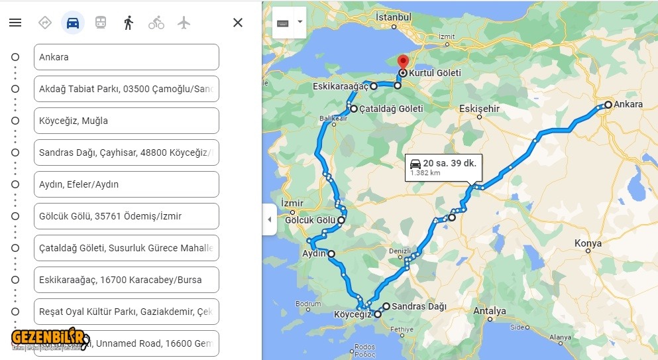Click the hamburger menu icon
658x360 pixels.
point(15,23)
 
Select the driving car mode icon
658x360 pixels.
point(73,23)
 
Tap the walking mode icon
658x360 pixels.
point(129,23)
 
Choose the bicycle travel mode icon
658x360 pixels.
point(156,23)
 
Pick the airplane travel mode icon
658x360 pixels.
point(184,23)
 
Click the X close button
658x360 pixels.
point(238,23)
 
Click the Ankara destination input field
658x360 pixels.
point(126,57)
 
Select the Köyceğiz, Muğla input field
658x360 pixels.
point(126,121)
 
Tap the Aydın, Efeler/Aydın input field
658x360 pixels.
point(126,184)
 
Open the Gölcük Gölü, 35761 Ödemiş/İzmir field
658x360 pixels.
point(126,216)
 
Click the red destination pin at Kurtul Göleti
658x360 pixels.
point(402,64)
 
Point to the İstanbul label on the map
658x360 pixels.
point(394,17)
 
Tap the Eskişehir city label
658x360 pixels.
point(480,109)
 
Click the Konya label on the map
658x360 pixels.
point(588,243)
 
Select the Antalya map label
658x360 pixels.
point(490,311)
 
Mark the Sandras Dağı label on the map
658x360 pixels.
point(419,306)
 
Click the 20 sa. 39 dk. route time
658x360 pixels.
point(450,163)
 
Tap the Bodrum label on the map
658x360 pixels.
point(308,304)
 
